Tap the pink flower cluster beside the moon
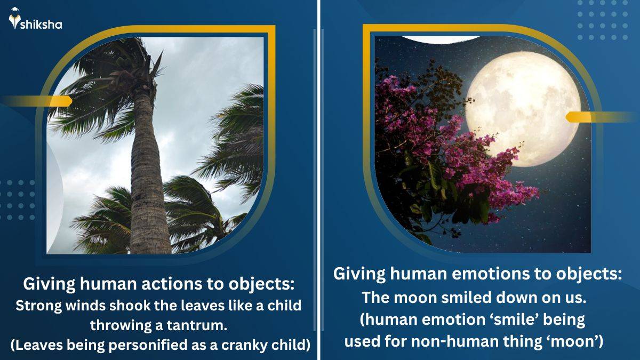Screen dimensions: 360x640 [x=448, y=160]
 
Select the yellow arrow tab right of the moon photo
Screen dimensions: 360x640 [x=597, y=117]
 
